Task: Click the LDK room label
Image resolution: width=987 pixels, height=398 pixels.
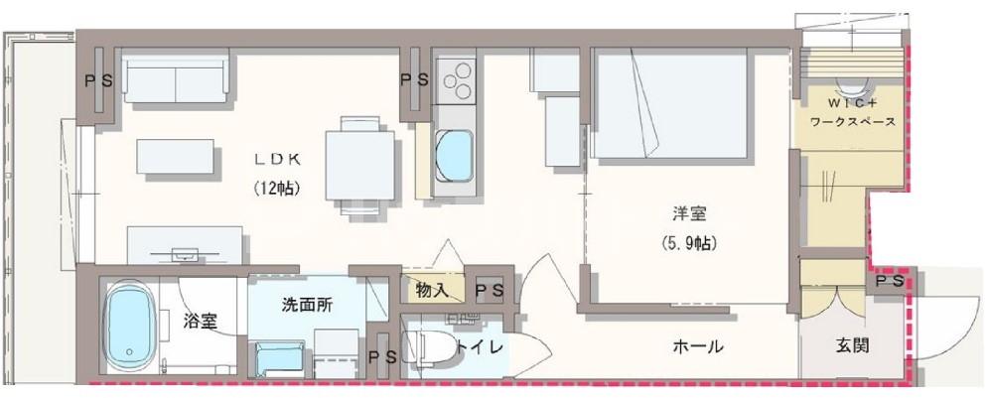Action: (277, 159)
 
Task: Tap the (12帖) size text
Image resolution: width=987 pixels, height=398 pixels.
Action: (277, 187)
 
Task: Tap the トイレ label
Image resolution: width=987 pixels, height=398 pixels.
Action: (482, 346)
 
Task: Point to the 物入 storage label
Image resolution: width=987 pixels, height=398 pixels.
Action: (434, 290)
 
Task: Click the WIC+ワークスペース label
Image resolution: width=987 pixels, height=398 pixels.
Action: (853, 113)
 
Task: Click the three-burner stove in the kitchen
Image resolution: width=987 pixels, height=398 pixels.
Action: (456, 80)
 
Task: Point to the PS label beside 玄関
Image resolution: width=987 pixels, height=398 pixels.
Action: (889, 282)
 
